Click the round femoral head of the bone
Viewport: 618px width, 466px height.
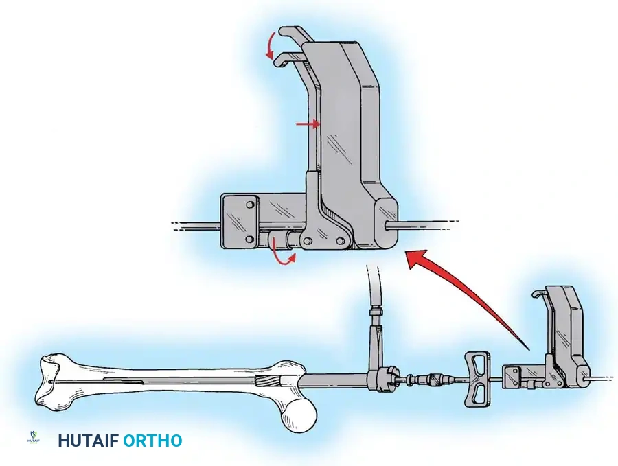pos(300,414)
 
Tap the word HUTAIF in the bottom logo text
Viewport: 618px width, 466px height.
pos(87,441)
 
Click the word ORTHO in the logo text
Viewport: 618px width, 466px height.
pos(152,441)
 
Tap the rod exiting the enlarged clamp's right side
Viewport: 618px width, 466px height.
pos(426,223)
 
